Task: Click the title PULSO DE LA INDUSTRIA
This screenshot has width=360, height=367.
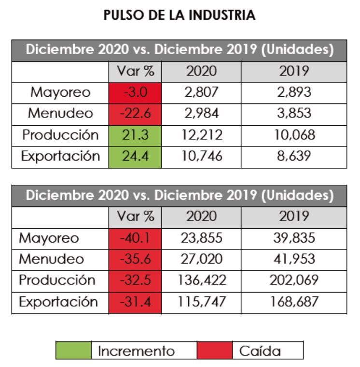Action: click(180, 15)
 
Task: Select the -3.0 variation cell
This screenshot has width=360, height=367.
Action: click(135, 92)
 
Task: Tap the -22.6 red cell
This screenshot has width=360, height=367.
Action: click(135, 114)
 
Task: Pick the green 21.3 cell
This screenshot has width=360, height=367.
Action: click(135, 135)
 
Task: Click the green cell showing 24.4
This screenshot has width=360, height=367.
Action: click(135, 157)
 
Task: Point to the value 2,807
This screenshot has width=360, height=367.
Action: click(201, 92)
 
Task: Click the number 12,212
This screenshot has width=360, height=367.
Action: click(201, 135)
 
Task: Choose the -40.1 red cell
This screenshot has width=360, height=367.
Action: click(135, 238)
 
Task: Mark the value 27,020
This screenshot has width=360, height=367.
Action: click(201, 260)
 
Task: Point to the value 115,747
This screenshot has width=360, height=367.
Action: click(201, 303)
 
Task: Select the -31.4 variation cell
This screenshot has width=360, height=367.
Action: click(135, 303)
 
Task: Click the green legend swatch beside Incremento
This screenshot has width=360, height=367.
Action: click(73, 351)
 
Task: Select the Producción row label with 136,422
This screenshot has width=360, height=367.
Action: click(57, 281)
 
